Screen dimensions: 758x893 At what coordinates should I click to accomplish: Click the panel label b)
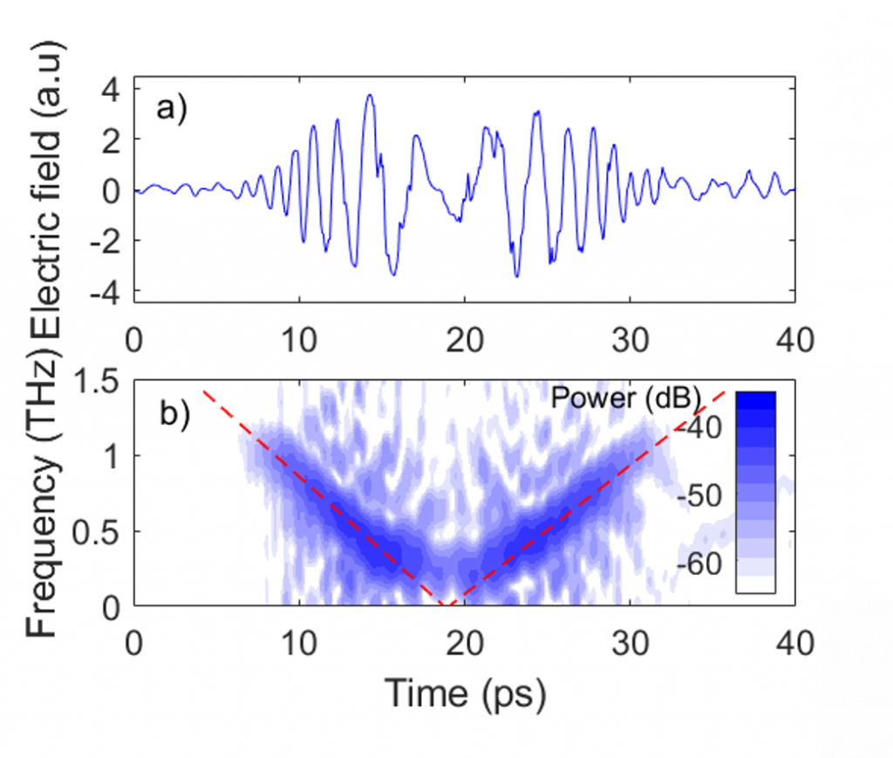(x=172, y=412)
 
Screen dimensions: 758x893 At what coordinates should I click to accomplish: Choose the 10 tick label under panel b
(x=299, y=644)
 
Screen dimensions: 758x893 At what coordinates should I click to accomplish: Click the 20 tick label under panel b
(x=464, y=644)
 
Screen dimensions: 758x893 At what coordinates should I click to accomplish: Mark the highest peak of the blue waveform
(x=370, y=96)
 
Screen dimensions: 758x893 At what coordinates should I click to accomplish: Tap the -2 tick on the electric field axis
(x=108, y=241)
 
